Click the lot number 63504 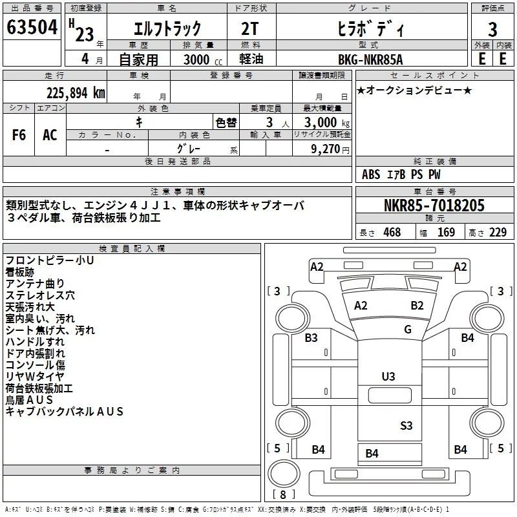[32, 27]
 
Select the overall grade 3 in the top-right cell [492, 29]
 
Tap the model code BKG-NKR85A [370, 59]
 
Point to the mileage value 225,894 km [76, 93]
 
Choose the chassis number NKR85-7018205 [434, 205]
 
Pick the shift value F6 [19, 135]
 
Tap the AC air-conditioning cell [50, 135]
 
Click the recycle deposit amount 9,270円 [330, 149]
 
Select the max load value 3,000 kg [327, 122]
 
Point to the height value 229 [498, 232]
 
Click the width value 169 [446, 232]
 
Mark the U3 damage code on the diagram [388, 377]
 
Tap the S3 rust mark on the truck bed [406, 426]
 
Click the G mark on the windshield [408, 330]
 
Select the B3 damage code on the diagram [311, 337]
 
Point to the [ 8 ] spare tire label [283, 494]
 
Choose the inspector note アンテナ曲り [35, 284]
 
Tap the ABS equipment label [371, 174]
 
